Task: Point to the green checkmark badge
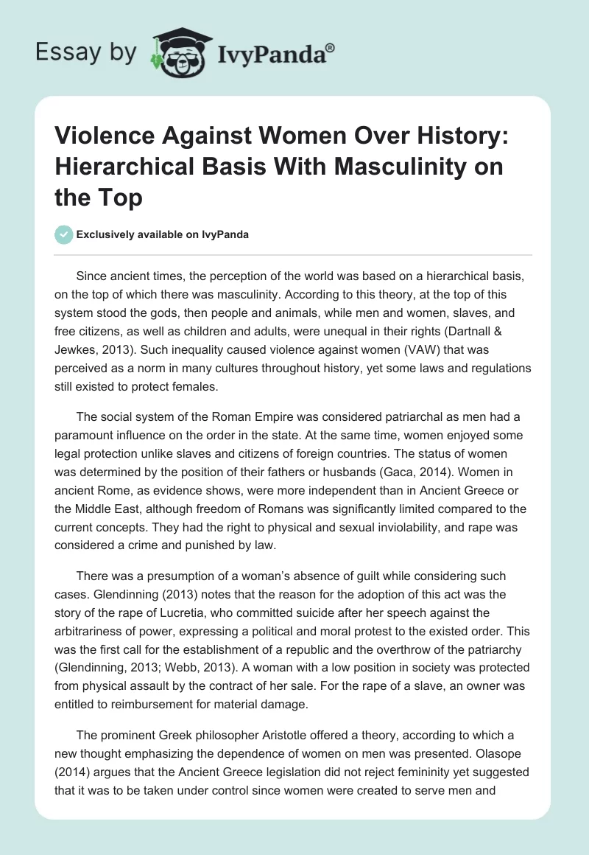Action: [64, 234]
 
